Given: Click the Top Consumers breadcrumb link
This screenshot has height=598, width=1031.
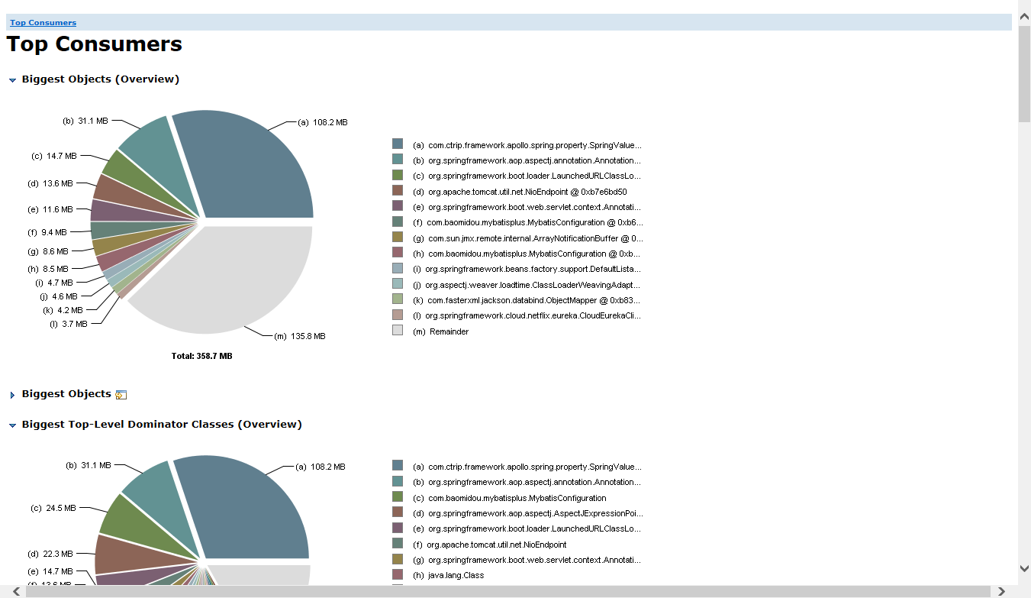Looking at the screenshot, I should pos(43,23).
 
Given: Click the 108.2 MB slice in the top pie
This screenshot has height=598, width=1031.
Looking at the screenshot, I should pos(252,168).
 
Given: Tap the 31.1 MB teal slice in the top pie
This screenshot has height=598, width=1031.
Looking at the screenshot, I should pos(153,149).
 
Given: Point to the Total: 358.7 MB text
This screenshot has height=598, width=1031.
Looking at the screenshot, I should pos(201,356).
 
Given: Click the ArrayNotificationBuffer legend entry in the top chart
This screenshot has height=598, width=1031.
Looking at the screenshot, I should pos(534,238).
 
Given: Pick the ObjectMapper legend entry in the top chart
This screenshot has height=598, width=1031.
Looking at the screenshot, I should pos(533,300).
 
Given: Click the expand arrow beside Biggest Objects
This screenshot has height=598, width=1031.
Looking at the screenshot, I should pos(12,395).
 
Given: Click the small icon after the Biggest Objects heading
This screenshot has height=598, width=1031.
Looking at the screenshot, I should pos(121,395).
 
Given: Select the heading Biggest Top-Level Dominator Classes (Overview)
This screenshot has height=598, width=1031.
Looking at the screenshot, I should pos(162,424).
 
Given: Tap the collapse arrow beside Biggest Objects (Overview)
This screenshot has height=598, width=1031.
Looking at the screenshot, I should pos(12,80).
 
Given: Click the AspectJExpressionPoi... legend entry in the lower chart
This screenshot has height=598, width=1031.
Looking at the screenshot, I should pos(535,513).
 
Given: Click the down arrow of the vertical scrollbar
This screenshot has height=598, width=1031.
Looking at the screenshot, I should pos(1024,568).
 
